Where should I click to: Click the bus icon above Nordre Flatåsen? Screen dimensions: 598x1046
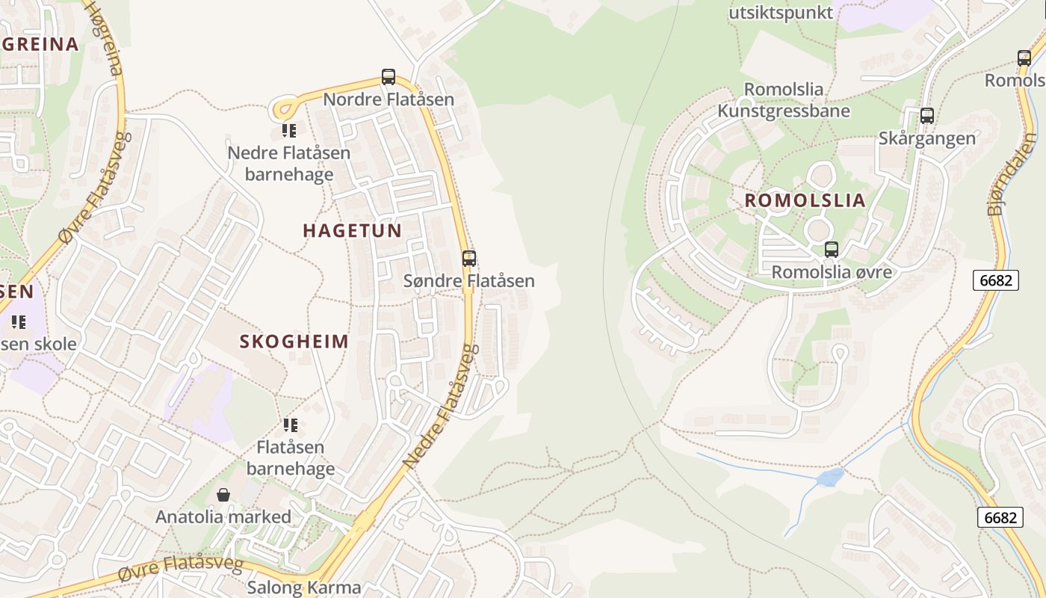coord(389,76)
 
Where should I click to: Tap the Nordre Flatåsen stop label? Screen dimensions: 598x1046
coord(389,99)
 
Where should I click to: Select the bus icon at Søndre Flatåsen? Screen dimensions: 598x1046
coord(469,259)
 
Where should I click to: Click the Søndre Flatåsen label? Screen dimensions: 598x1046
coord(469,281)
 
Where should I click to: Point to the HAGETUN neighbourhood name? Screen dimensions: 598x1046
coord(353,230)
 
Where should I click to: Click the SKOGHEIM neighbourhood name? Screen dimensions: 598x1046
coord(294,342)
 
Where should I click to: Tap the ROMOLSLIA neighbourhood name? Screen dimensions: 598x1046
coord(805,200)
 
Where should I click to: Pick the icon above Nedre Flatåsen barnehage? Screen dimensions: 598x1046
coord(289,131)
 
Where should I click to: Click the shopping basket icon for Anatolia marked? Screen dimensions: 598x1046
coord(223,495)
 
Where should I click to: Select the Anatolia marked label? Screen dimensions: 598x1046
coord(223,517)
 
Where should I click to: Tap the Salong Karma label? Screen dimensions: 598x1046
coord(304,588)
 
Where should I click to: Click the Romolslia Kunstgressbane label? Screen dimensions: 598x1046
coord(784,100)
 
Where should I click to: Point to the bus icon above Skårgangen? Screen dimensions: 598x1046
coord(927,116)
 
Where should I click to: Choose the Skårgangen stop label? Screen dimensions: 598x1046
coord(927,138)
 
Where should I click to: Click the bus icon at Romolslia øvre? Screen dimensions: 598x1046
coord(832,250)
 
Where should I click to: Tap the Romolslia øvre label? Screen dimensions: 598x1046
coord(832,271)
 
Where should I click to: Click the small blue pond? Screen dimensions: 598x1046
coord(830,477)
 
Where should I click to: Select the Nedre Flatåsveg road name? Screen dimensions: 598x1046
coord(440,407)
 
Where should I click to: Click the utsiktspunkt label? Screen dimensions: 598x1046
coord(781,13)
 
